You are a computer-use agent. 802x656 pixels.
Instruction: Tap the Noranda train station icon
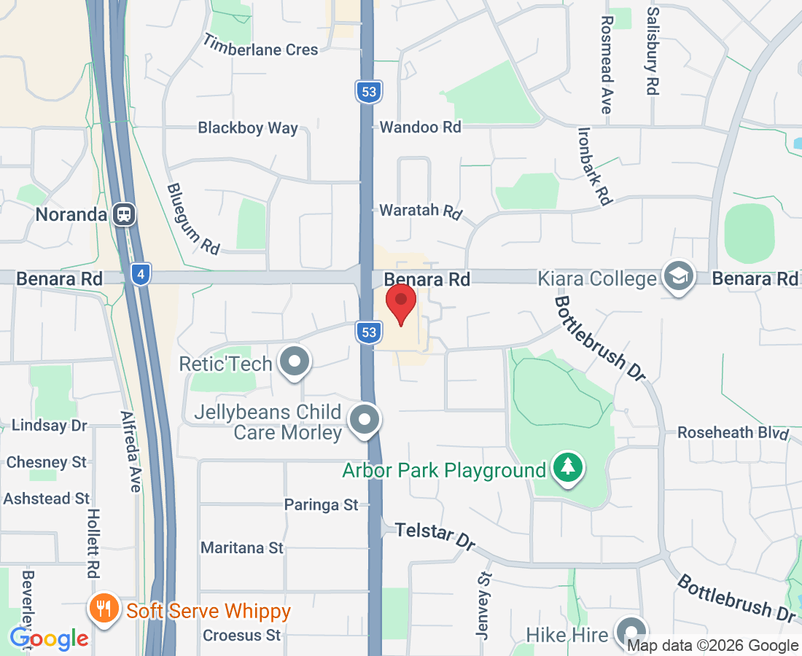(x=125, y=214)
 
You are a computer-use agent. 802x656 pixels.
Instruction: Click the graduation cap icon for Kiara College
(x=679, y=277)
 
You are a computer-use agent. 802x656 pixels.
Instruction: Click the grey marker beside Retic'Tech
(x=295, y=362)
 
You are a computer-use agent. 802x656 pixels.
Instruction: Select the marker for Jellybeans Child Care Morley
(x=365, y=420)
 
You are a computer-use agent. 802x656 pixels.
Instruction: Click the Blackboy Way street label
(x=248, y=128)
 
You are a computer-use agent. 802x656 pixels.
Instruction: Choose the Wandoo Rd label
(x=421, y=127)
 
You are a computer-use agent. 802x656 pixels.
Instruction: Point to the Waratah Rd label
(x=421, y=211)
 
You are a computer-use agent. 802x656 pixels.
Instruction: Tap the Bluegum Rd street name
(x=193, y=218)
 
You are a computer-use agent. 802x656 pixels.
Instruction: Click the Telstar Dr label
(x=435, y=535)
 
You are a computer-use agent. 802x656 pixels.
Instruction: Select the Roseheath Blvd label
(x=733, y=432)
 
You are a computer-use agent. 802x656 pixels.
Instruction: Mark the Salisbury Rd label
(x=653, y=51)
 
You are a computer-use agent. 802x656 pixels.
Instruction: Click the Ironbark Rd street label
(x=595, y=165)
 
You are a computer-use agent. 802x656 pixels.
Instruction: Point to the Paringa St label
(x=322, y=504)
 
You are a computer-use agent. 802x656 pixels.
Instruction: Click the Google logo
(x=49, y=639)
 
